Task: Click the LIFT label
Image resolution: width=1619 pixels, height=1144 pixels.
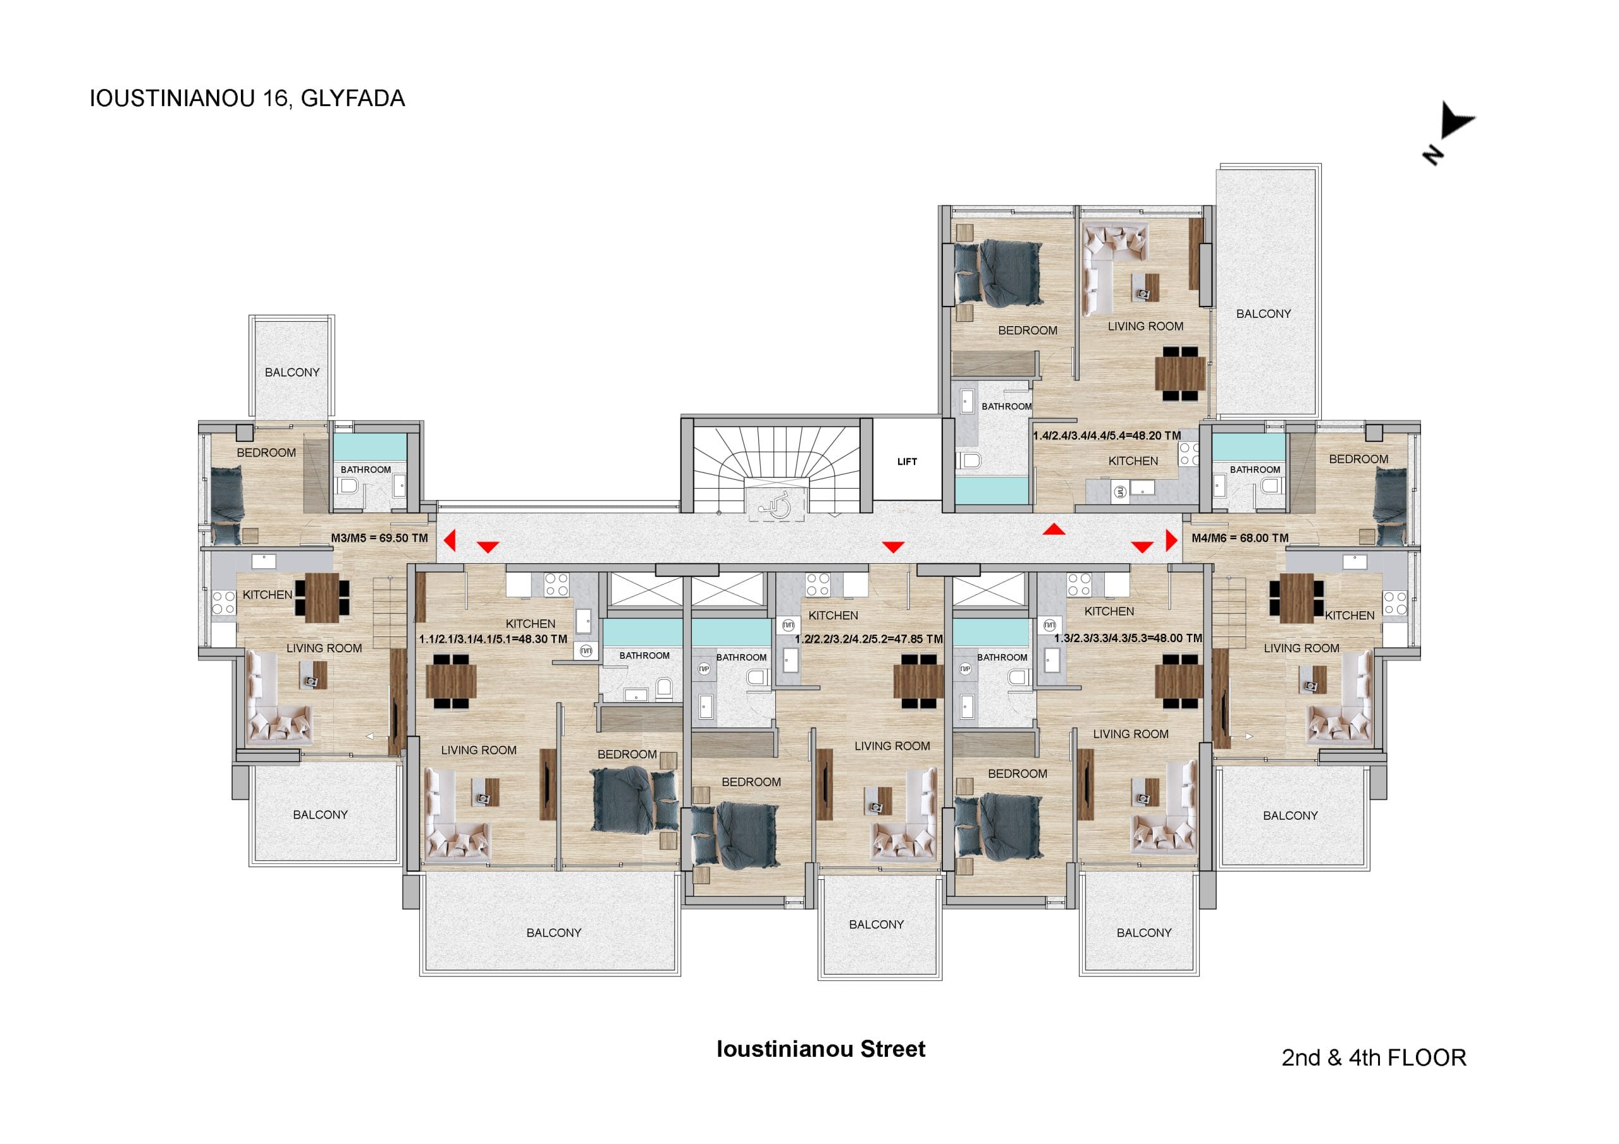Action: (x=907, y=461)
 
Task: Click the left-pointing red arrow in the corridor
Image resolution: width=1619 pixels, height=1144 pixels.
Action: (x=449, y=540)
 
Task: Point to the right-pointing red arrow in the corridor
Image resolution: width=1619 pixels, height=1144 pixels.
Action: (x=1171, y=540)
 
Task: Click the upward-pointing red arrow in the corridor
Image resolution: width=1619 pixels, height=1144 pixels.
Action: (x=1054, y=528)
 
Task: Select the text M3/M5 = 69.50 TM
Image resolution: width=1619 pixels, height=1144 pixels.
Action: (x=379, y=538)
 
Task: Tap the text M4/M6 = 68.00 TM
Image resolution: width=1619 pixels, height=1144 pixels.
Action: (x=1240, y=538)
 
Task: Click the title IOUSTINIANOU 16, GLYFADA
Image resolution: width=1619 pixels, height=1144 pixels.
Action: (x=247, y=98)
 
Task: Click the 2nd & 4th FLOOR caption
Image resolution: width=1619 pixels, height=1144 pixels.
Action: (x=1374, y=1057)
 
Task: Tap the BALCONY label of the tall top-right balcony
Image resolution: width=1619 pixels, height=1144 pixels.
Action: (x=1264, y=313)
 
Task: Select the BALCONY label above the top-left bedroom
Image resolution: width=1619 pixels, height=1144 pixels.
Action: (x=292, y=372)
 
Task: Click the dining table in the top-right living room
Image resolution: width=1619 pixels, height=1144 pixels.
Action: (x=1180, y=374)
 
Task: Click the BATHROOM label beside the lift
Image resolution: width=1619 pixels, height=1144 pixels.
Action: (x=1006, y=406)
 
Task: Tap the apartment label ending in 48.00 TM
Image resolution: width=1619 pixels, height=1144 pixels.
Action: (x=1128, y=638)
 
